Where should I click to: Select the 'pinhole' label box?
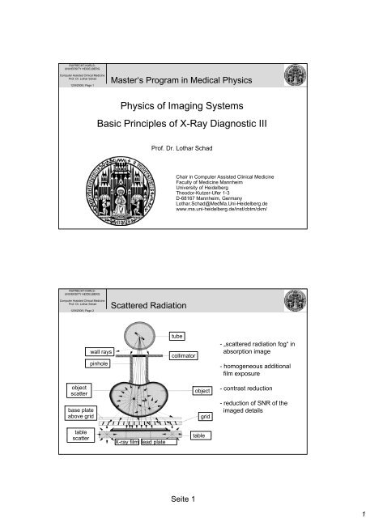[100, 365]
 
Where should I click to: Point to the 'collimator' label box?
[180, 355]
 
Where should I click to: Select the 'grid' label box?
[205, 416]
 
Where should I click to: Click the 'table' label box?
[199, 435]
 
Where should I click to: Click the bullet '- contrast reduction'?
[248, 388]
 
